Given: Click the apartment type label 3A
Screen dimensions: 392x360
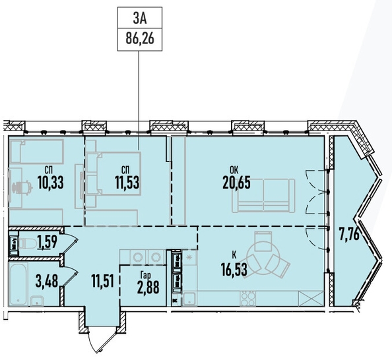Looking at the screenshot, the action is (x=140, y=19).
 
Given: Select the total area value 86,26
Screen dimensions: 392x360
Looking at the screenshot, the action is (x=140, y=39).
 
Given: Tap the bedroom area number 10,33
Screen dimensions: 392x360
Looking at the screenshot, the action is (x=51, y=183).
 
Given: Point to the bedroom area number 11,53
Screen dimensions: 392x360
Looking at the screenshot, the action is (x=127, y=183).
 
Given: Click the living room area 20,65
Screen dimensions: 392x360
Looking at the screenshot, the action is (x=236, y=183).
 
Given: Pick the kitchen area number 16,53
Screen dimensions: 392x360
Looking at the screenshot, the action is (x=234, y=270).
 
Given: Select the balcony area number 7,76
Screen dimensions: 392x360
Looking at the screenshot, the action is (x=349, y=235).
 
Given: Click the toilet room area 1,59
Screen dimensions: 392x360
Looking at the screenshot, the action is (x=48, y=241).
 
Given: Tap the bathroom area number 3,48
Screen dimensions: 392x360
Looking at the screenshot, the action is (x=47, y=281).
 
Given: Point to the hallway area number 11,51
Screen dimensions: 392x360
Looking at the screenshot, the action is (x=103, y=281).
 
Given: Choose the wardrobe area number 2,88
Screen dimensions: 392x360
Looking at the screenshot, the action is (x=148, y=287).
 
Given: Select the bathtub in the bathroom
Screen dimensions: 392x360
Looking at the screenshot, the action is (x=18, y=284).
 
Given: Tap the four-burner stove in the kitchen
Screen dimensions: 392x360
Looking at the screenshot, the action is (x=247, y=299).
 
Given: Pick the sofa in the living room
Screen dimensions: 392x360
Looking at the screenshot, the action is (x=263, y=196).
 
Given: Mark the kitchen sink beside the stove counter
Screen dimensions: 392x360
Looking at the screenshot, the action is (x=189, y=299).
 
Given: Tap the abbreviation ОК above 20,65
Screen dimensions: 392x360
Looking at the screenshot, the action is (x=234, y=170).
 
